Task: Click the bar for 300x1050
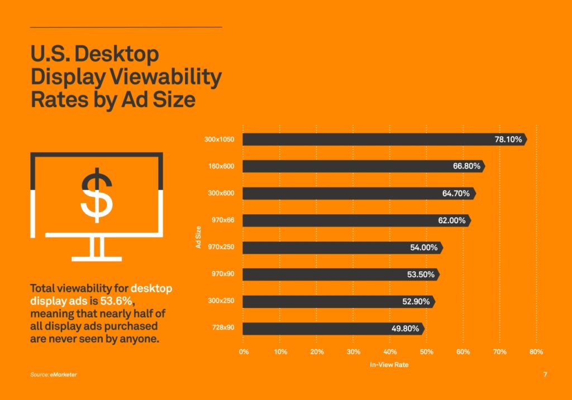click(363, 139)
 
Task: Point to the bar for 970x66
click(335, 220)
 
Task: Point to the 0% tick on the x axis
click(244, 352)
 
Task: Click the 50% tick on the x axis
click(426, 352)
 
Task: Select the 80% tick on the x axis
click(536, 352)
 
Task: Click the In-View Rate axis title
click(389, 365)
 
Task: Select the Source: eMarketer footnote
click(54, 374)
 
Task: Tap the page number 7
click(545, 374)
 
